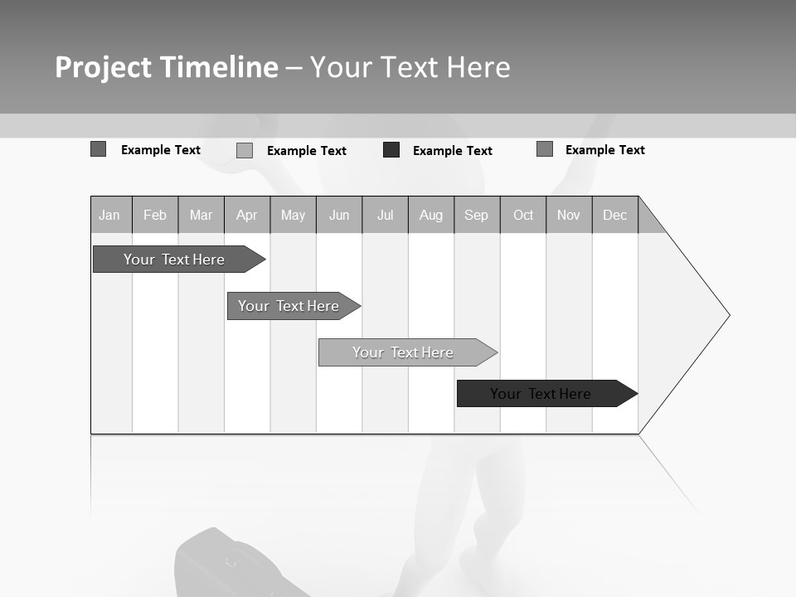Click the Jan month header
tap(110, 215)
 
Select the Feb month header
tap(155, 215)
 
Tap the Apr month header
tap(247, 215)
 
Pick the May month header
tap(293, 215)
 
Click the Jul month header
tap(385, 215)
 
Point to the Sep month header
tap(477, 215)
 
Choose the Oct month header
tap(523, 215)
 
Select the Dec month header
tap(615, 215)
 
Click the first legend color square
tap(99, 149)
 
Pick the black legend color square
tap(391, 150)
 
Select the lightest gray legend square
tap(245, 150)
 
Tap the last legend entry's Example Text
tap(605, 150)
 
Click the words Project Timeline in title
tap(167, 67)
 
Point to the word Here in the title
tap(478, 67)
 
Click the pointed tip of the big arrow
tap(727, 315)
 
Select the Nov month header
tap(569, 215)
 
